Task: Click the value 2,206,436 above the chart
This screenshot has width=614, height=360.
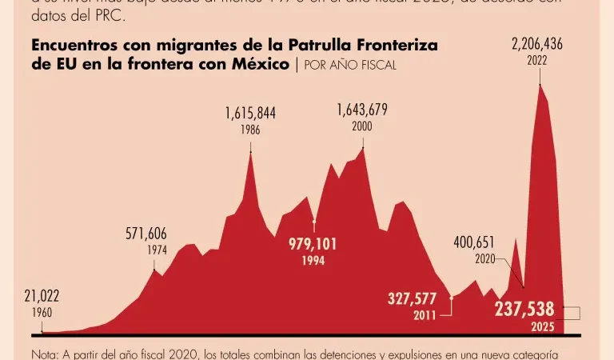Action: [537, 45]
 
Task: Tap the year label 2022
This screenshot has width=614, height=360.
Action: [537, 61]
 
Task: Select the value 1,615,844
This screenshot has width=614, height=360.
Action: [250, 114]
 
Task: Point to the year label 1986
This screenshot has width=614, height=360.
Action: [250, 130]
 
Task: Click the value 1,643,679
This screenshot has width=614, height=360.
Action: [362, 110]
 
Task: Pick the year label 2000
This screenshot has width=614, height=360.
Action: [362, 126]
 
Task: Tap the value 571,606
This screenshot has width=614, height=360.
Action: [146, 234]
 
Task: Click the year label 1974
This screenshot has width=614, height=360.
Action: [157, 250]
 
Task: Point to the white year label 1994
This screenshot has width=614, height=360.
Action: [313, 261]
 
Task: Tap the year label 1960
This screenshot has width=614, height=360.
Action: [42, 313]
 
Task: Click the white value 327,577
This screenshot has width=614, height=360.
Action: [412, 299]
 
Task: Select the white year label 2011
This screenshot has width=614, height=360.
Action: [425, 316]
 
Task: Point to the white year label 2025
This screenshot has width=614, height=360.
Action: [542, 326]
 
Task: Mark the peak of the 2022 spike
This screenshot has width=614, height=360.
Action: [540, 84]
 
